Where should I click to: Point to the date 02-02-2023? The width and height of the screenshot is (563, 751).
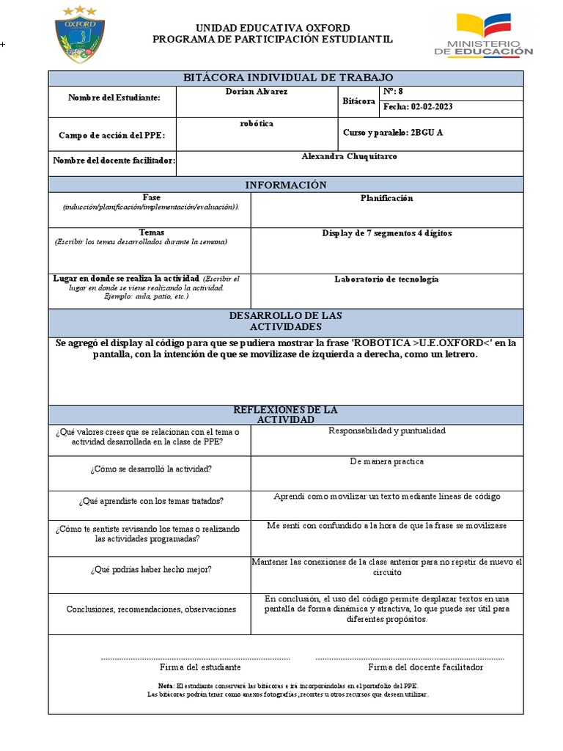[418, 107]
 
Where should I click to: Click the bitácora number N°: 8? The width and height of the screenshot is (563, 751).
[394, 92]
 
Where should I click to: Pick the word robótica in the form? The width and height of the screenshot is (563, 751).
[257, 124]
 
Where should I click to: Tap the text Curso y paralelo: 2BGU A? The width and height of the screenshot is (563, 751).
[393, 133]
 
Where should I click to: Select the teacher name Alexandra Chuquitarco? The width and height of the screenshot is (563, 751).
[350, 157]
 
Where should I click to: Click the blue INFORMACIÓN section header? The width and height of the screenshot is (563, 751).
[286, 185]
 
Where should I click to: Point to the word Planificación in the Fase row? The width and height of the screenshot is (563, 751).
[386, 199]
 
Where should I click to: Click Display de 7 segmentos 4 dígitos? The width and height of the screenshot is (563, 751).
[386, 233]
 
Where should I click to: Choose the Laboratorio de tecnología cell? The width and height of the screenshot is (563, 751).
[386, 279]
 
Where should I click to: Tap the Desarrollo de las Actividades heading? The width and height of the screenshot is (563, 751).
[286, 320]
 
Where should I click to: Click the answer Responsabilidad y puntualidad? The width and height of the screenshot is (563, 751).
[386, 431]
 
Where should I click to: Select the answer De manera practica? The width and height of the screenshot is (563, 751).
[386, 462]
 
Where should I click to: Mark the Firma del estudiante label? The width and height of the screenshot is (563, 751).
[200, 667]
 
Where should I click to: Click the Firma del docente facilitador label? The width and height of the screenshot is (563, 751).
[425, 667]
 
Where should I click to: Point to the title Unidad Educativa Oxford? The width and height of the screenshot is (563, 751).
[272, 28]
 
